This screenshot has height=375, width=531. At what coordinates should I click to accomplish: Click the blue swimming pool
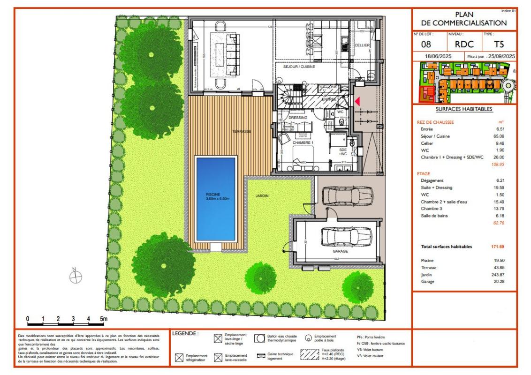click(216, 198)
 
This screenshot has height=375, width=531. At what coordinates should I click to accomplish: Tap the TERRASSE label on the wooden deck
click(242, 132)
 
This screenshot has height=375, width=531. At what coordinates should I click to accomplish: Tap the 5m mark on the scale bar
click(104, 319)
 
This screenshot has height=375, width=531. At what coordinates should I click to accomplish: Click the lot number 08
click(426, 45)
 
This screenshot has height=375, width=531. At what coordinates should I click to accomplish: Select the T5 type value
click(499, 45)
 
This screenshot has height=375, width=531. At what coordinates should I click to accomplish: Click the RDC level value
click(464, 45)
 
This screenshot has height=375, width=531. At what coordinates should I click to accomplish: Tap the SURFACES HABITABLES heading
click(464, 109)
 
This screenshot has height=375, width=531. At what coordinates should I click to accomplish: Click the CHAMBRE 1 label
click(303, 142)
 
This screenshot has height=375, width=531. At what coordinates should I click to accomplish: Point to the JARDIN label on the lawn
click(262, 196)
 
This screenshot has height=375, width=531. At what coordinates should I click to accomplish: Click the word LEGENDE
click(185, 334)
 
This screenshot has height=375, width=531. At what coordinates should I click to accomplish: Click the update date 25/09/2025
click(501, 56)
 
